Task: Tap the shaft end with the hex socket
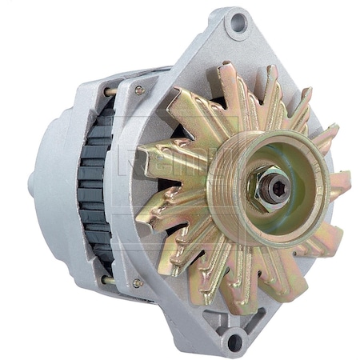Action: (276, 187)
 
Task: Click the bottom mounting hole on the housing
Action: (234, 342)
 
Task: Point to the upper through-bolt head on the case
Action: (139, 91)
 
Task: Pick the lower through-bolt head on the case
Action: (138, 283)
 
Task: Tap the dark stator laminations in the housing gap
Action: (97, 184)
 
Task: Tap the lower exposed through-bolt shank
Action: (109, 280)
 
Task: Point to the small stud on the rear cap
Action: (31, 184)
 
